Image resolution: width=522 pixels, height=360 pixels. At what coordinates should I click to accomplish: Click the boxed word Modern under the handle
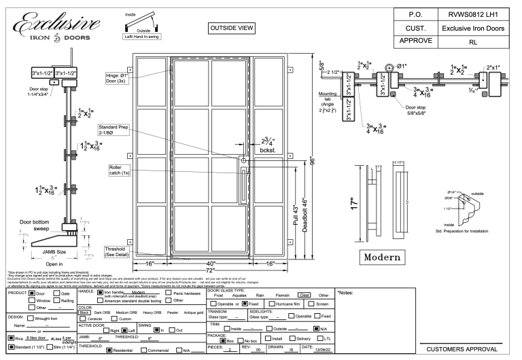coord(387,258)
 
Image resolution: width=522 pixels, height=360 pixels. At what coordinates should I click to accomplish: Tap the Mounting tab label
coord(328,98)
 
